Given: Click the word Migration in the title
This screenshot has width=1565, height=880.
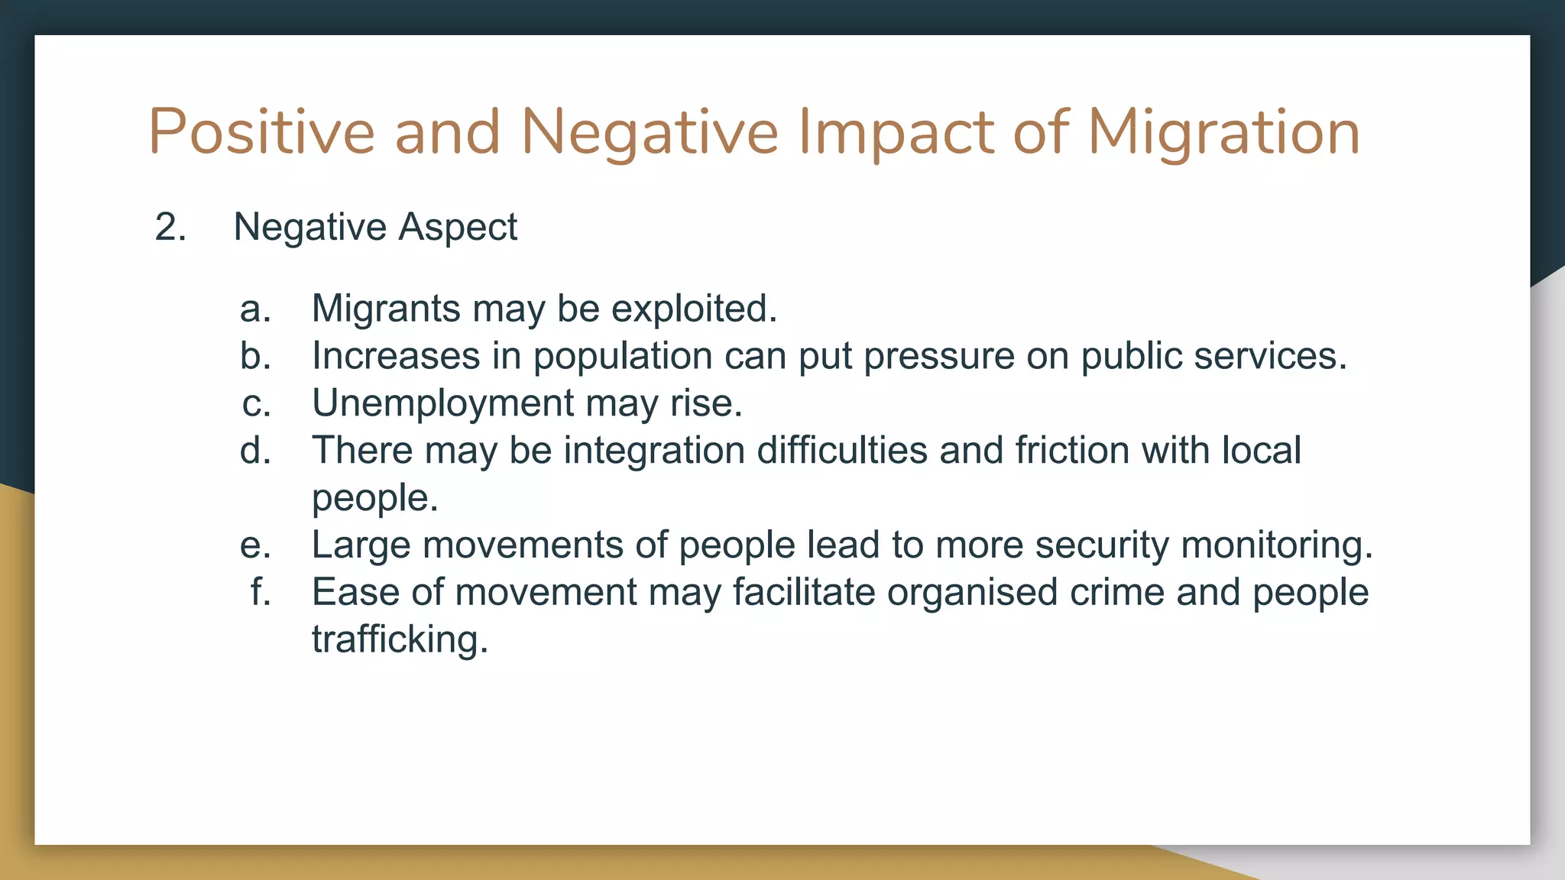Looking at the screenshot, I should pos(1223,133).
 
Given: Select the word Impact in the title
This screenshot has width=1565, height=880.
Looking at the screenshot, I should pos(896,133).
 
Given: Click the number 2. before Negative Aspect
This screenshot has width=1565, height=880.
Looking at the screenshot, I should pos(170,228).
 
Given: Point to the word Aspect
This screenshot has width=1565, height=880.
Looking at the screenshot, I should pos(458,228).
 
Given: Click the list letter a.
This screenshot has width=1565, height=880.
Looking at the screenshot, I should pos(255,309).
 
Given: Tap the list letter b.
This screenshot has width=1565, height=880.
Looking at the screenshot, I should pos(255,357).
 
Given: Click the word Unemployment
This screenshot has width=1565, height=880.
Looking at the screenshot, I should pos(442,403).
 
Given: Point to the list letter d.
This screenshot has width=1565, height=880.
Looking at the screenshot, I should pos(255,451).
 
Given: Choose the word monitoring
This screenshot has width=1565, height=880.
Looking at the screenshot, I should pos(1276,545).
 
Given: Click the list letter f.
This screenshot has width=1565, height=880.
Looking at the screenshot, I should pos(261,593).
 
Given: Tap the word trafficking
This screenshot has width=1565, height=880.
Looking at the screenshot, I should pos(399,639).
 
